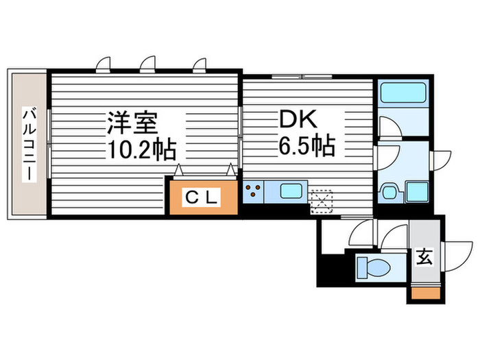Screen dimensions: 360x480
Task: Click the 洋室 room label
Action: pos(132,123)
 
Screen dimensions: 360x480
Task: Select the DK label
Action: pos(296,121)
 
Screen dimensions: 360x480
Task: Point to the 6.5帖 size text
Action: pos(305,145)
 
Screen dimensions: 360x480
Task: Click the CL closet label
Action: pos(203,198)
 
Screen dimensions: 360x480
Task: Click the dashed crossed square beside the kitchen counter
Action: pos(320,199)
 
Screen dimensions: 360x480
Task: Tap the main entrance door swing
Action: pos(456,247)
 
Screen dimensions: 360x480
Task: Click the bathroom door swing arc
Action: pos(386,128)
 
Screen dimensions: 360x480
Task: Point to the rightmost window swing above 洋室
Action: pos(200,64)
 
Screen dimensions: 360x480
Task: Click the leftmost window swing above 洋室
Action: pos(103,64)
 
